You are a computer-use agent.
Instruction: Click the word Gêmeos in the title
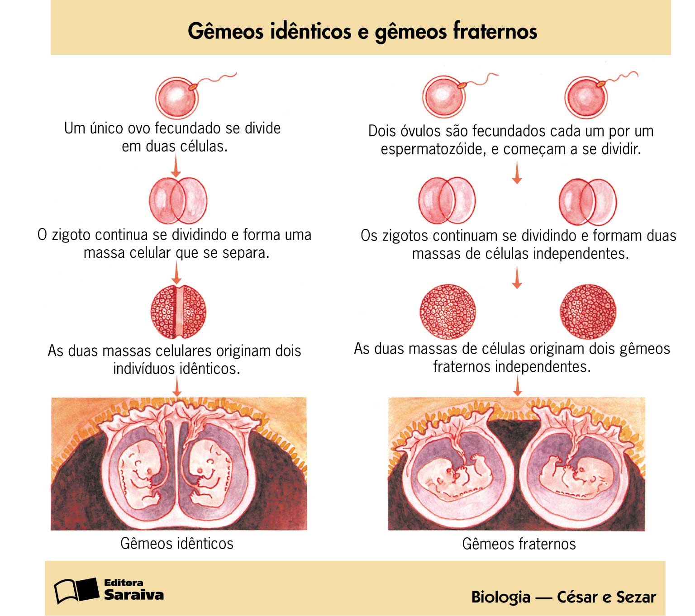tap(225, 32)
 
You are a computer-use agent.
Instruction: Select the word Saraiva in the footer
tap(134, 595)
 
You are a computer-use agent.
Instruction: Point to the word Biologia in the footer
tap(500, 597)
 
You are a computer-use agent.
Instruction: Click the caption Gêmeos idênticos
tap(177, 543)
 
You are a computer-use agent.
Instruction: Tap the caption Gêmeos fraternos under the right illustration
tap(519, 544)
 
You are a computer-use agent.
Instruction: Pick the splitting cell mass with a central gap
tap(178, 312)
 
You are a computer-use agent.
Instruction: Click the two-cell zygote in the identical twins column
tap(178, 200)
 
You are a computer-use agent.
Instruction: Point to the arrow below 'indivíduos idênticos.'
tap(177, 387)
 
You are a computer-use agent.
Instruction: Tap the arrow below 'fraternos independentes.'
tap(518, 386)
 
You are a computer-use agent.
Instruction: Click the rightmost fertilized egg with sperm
tap(586, 97)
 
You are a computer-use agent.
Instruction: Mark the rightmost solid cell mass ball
tap(588, 312)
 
